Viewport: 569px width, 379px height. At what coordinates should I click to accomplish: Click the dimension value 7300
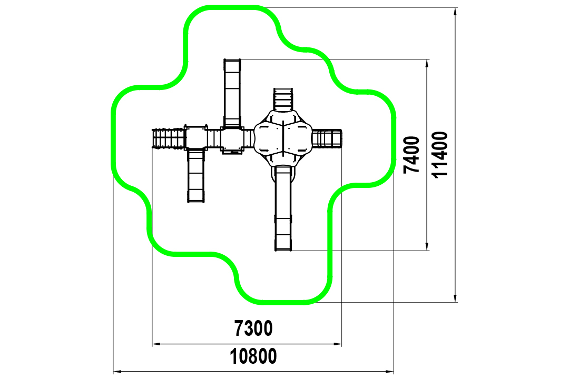click(253, 328)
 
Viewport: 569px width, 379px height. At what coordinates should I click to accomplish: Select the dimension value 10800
click(253, 356)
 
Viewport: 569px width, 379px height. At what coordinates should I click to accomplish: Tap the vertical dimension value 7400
click(411, 155)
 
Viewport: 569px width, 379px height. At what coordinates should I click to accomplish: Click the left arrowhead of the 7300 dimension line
click(156, 344)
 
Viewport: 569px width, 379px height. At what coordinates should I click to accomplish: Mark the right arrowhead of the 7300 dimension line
click(338, 344)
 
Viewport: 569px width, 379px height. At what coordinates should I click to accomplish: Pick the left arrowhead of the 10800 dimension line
click(117, 372)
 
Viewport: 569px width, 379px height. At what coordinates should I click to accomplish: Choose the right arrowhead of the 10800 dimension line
click(389, 372)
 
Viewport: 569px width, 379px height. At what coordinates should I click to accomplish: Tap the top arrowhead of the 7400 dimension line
click(427, 63)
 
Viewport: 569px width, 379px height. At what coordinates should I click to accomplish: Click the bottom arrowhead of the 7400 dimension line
click(427, 246)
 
